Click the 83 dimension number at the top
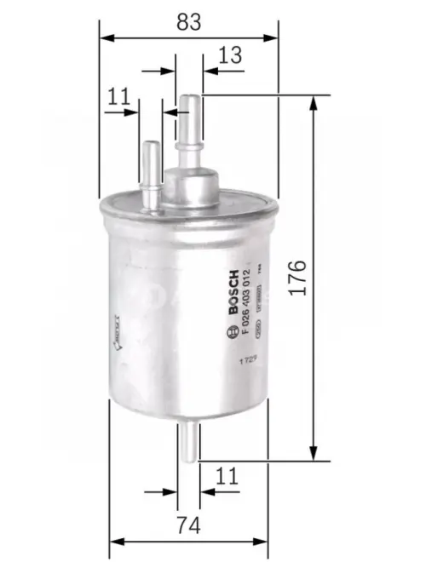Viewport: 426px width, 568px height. [x=190, y=23]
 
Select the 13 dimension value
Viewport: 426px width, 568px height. [x=230, y=55]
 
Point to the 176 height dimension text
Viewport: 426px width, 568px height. [x=296, y=277]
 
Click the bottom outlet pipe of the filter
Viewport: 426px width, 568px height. [x=189, y=443]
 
